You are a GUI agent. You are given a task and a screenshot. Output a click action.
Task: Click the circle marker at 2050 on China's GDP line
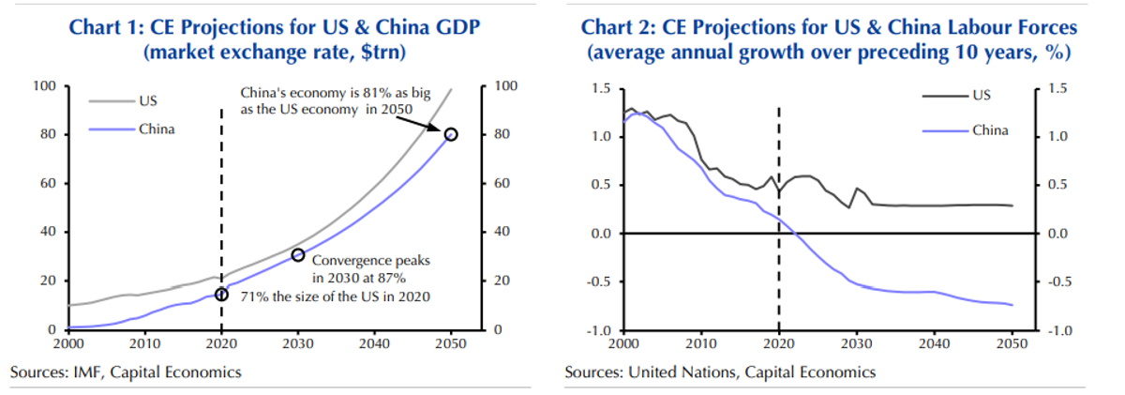coord(451,134)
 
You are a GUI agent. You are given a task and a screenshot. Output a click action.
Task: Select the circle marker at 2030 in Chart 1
coord(297,255)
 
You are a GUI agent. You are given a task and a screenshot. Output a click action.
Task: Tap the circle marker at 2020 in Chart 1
coord(221,295)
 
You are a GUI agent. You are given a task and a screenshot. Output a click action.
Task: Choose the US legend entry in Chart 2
coord(980,95)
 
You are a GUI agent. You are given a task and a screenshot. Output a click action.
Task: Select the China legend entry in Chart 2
coord(988,129)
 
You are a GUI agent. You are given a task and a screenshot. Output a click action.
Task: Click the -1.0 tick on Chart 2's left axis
coord(601,330)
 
